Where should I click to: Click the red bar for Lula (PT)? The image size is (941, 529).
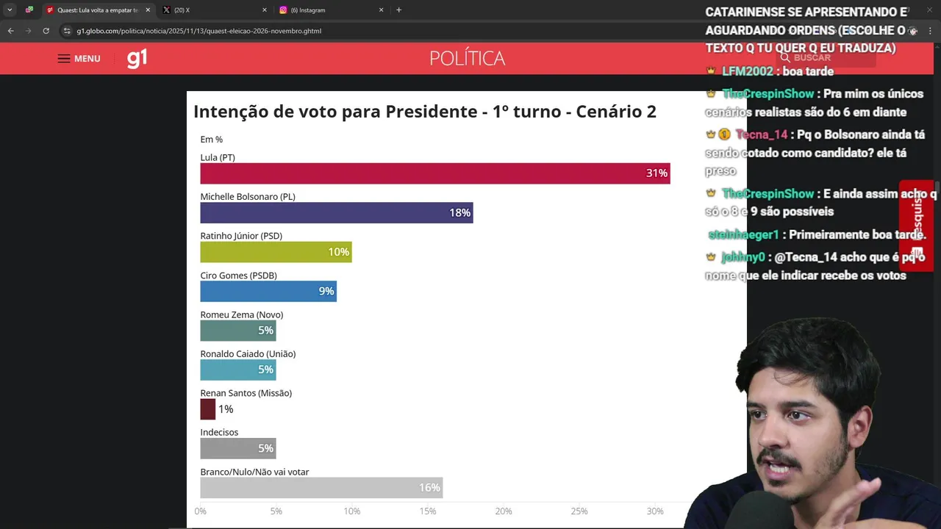point(434,173)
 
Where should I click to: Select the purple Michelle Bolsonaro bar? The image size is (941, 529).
point(336,212)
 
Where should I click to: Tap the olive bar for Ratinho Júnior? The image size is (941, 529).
point(276,252)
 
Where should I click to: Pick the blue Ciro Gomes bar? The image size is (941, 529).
point(268,291)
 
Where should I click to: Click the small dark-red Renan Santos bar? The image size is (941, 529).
point(207,409)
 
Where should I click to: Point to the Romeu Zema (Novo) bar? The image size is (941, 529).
point(237,331)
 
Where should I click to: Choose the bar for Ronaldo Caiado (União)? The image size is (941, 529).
point(237,370)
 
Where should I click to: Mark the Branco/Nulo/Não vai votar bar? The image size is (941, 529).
point(321,488)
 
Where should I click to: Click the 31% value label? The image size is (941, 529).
point(656,173)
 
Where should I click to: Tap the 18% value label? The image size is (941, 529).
point(459,213)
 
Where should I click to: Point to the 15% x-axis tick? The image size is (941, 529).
point(427,511)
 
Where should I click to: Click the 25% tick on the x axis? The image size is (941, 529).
point(579,511)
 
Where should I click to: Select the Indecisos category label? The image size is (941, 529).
point(219,432)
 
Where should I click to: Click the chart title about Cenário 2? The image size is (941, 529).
point(424,112)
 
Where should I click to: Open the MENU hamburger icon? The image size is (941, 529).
point(64,59)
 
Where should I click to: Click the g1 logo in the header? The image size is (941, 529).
point(137,58)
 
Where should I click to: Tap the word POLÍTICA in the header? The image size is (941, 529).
point(467,59)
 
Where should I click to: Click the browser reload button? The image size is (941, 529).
point(46,31)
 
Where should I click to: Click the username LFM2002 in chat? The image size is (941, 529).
point(747,71)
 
